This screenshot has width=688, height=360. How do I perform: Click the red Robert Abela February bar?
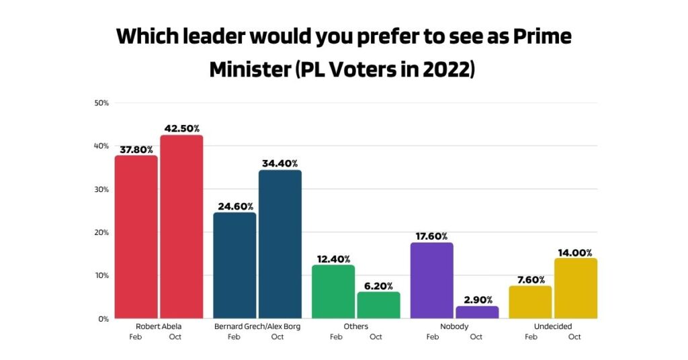(x=136, y=236)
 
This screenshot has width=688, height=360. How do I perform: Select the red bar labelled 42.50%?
(x=181, y=226)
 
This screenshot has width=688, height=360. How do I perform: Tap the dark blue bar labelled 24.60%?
(x=234, y=265)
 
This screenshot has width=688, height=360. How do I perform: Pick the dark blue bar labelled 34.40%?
(x=280, y=244)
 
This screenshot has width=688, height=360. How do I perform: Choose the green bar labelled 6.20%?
(x=378, y=305)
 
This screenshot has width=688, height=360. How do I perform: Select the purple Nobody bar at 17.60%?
(x=431, y=280)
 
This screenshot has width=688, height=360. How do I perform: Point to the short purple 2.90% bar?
(x=477, y=312)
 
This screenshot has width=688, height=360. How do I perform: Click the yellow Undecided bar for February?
(x=530, y=302)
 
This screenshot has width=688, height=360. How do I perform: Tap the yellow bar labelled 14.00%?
(x=576, y=288)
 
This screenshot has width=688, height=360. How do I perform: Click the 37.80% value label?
(x=136, y=150)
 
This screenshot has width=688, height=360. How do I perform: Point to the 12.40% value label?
(x=333, y=259)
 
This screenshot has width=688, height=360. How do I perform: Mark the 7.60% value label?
(x=530, y=280)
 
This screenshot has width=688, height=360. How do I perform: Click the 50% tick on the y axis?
(x=102, y=103)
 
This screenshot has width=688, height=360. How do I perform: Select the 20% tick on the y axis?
(x=102, y=232)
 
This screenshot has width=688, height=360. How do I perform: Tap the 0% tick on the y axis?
(x=104, y=319)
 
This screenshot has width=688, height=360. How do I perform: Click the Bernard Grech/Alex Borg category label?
(x=257, y=326)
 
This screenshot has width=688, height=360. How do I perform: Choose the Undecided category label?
(x=553, y=326)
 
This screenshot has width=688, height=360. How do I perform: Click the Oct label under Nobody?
(x=476, y=337)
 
